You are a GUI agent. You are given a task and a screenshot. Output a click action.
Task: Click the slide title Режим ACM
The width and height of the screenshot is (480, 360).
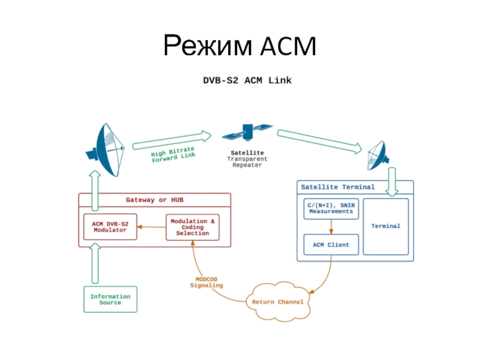coord(239,46)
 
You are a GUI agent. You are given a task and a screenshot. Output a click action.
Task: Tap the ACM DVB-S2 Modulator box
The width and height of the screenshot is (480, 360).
coord(110,227)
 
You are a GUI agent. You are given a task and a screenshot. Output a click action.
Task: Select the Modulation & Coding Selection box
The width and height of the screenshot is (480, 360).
coord(193,227)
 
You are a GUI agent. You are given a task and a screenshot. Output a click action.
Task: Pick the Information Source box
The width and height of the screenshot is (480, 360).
coord(110,299)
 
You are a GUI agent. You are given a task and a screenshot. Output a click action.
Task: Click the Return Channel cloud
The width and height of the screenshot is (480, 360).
coord(278,302)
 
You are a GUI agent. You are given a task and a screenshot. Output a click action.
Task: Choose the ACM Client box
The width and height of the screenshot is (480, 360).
coord(331,245)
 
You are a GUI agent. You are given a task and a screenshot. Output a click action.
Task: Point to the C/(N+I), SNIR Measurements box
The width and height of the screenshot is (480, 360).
coord(331,208)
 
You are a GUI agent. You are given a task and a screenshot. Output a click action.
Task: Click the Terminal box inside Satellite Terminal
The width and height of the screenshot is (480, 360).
coord(386,226)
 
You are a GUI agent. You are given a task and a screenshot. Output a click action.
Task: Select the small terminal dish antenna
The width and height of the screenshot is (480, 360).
coord(377,155)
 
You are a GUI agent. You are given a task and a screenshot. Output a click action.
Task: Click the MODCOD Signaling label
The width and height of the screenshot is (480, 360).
coord(206,282)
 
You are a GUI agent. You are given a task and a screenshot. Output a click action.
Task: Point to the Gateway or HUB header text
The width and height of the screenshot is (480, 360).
coord(154,200)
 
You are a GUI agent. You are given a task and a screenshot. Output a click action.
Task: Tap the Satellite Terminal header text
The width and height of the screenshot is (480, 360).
coord(337,187)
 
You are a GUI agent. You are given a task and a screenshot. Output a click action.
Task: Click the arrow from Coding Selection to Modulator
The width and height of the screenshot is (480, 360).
coord(151,227)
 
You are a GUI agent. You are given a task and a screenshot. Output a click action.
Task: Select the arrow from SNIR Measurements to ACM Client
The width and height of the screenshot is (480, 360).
coord(331,227)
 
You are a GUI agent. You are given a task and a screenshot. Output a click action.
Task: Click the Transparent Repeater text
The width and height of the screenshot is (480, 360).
coord(247,162)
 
